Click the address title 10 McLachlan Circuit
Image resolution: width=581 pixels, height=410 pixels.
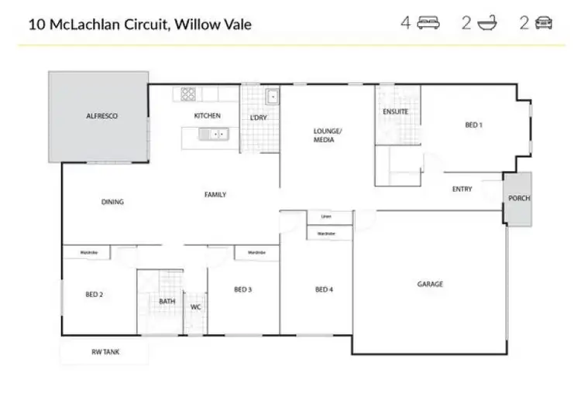pos(139,24)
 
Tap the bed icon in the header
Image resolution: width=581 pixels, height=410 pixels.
pos(428,23)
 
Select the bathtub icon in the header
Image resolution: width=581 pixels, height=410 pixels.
pos(487,23)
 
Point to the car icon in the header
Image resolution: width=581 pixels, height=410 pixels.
pos(544,23)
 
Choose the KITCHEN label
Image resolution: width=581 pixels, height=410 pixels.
pos(207,115)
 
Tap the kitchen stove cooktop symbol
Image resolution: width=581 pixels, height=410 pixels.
pos(188,94)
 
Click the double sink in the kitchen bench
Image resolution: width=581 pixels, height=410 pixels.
pos(211,135)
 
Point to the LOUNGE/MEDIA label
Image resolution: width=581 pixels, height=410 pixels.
pos(327,135)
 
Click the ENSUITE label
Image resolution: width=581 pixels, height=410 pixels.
pos(395,112)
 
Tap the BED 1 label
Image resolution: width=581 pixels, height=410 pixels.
pos(473,125)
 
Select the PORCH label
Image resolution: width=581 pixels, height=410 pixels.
pos(518,198)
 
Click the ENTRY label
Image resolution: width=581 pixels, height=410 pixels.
pos(462,189)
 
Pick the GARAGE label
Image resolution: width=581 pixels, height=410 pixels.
pos(430,284)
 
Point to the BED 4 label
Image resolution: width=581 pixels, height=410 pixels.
pos(323,289)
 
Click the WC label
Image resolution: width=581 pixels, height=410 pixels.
pos(196,307)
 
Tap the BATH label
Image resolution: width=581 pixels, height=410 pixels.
pos(167,302)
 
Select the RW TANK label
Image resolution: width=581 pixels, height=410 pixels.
pos(105,352)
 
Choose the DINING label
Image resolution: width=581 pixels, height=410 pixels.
pos(112,202)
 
